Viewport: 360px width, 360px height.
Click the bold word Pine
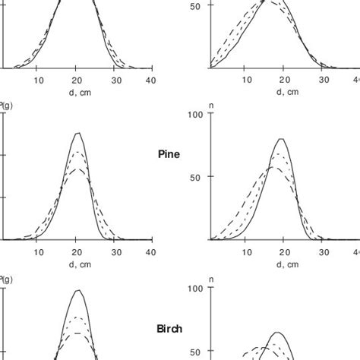pos(168,153)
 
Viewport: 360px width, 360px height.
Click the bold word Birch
pos(169,330)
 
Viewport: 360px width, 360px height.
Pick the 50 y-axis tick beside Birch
pos(197,352)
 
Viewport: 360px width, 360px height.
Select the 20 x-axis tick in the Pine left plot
pos(77,253)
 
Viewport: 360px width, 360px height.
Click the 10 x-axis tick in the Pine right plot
pos(245,253)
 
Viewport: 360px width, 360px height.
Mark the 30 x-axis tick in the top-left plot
pos(113,80)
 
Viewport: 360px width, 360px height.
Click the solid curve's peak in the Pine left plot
pos(77,134)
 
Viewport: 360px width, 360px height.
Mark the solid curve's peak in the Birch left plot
pos(77,290)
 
